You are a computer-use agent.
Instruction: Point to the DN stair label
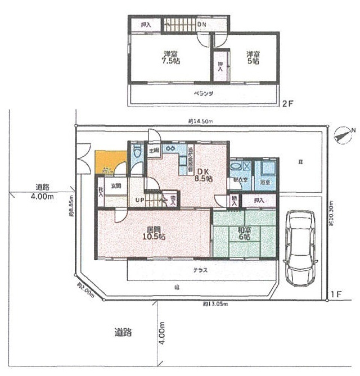point(202,25)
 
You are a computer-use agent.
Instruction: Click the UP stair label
point(138,200)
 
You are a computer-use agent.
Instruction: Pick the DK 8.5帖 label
point(203,175)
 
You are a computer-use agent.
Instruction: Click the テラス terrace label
point(201,270)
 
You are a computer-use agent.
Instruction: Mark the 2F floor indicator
point(287,104)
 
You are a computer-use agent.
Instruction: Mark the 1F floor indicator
point(336,295)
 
